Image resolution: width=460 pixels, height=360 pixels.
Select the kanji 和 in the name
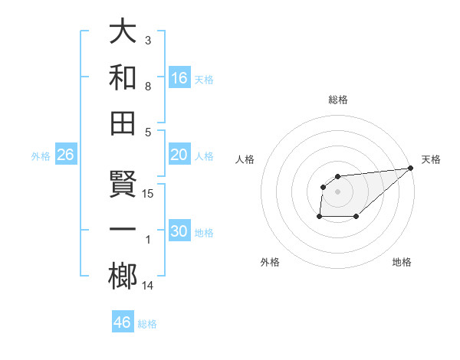123,77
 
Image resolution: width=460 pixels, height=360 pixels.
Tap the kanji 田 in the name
123,123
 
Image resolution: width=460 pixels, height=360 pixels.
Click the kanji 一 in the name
123,231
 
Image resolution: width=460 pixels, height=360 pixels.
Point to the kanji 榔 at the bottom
123,277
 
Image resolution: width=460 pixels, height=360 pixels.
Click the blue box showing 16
179,77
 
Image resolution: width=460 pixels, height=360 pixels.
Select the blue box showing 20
179,155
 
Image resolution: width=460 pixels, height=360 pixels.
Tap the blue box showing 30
179,231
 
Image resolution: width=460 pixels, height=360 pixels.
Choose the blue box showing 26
66,155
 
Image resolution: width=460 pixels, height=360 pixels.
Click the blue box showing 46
123,322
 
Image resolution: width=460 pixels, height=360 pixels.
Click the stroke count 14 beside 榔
149,286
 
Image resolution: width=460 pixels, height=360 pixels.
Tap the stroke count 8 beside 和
148,87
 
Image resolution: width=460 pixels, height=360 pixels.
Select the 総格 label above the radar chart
338,100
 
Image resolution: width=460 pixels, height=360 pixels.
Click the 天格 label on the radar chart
431,159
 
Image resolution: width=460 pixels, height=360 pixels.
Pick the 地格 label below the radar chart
402,263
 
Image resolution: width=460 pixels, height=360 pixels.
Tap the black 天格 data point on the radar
410,169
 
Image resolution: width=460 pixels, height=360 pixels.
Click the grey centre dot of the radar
338,191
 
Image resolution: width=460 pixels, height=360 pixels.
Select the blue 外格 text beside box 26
41,155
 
